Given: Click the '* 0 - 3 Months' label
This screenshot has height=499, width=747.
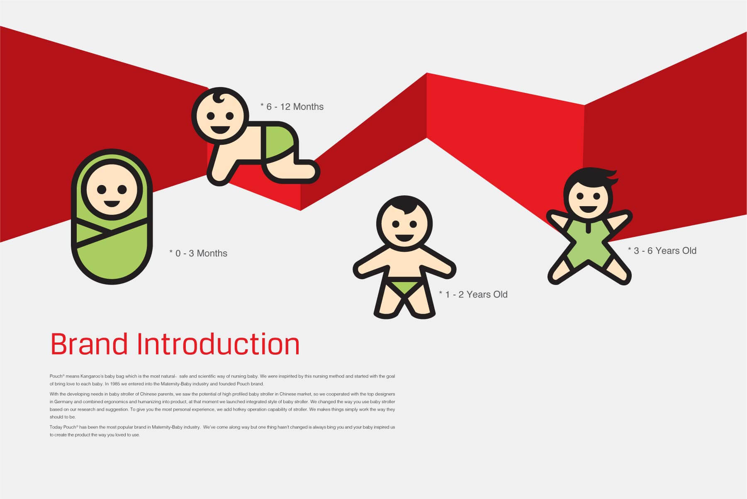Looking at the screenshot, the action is [198, 253].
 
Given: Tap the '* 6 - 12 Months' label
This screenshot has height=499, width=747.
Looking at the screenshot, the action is [292, 107].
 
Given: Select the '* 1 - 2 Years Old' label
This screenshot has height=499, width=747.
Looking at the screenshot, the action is [473, 295].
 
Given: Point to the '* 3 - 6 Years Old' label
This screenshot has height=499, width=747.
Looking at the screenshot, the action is [662, 251].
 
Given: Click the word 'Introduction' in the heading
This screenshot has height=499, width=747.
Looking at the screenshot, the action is [218, 344].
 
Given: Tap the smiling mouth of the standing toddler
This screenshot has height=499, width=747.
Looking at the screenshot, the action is [404, 238].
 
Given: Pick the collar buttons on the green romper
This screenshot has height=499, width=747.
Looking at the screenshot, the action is [588, 227].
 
